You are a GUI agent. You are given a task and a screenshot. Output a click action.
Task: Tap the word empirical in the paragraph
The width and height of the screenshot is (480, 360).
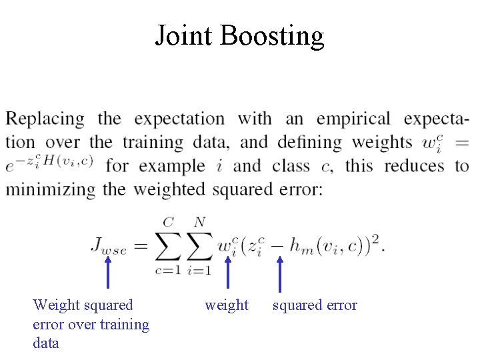[353, 119]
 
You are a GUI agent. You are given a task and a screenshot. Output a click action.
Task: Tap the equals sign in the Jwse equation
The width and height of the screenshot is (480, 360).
[137, 245]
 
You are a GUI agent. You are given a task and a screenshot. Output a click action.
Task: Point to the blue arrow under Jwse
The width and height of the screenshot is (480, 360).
[108, 275]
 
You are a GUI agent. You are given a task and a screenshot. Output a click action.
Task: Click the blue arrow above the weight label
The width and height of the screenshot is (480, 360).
[227, 275]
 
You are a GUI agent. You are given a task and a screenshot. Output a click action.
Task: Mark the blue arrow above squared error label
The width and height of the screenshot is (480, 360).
[279, 275]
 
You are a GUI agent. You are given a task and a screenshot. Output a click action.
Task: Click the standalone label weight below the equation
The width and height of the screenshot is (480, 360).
[227, 305]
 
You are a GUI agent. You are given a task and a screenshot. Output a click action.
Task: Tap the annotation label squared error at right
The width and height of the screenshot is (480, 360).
[315, 305]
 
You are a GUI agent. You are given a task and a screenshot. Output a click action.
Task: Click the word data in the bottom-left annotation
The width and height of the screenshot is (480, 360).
[46, 343]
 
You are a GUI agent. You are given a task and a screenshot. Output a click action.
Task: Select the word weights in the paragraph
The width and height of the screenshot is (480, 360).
[382, 143]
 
